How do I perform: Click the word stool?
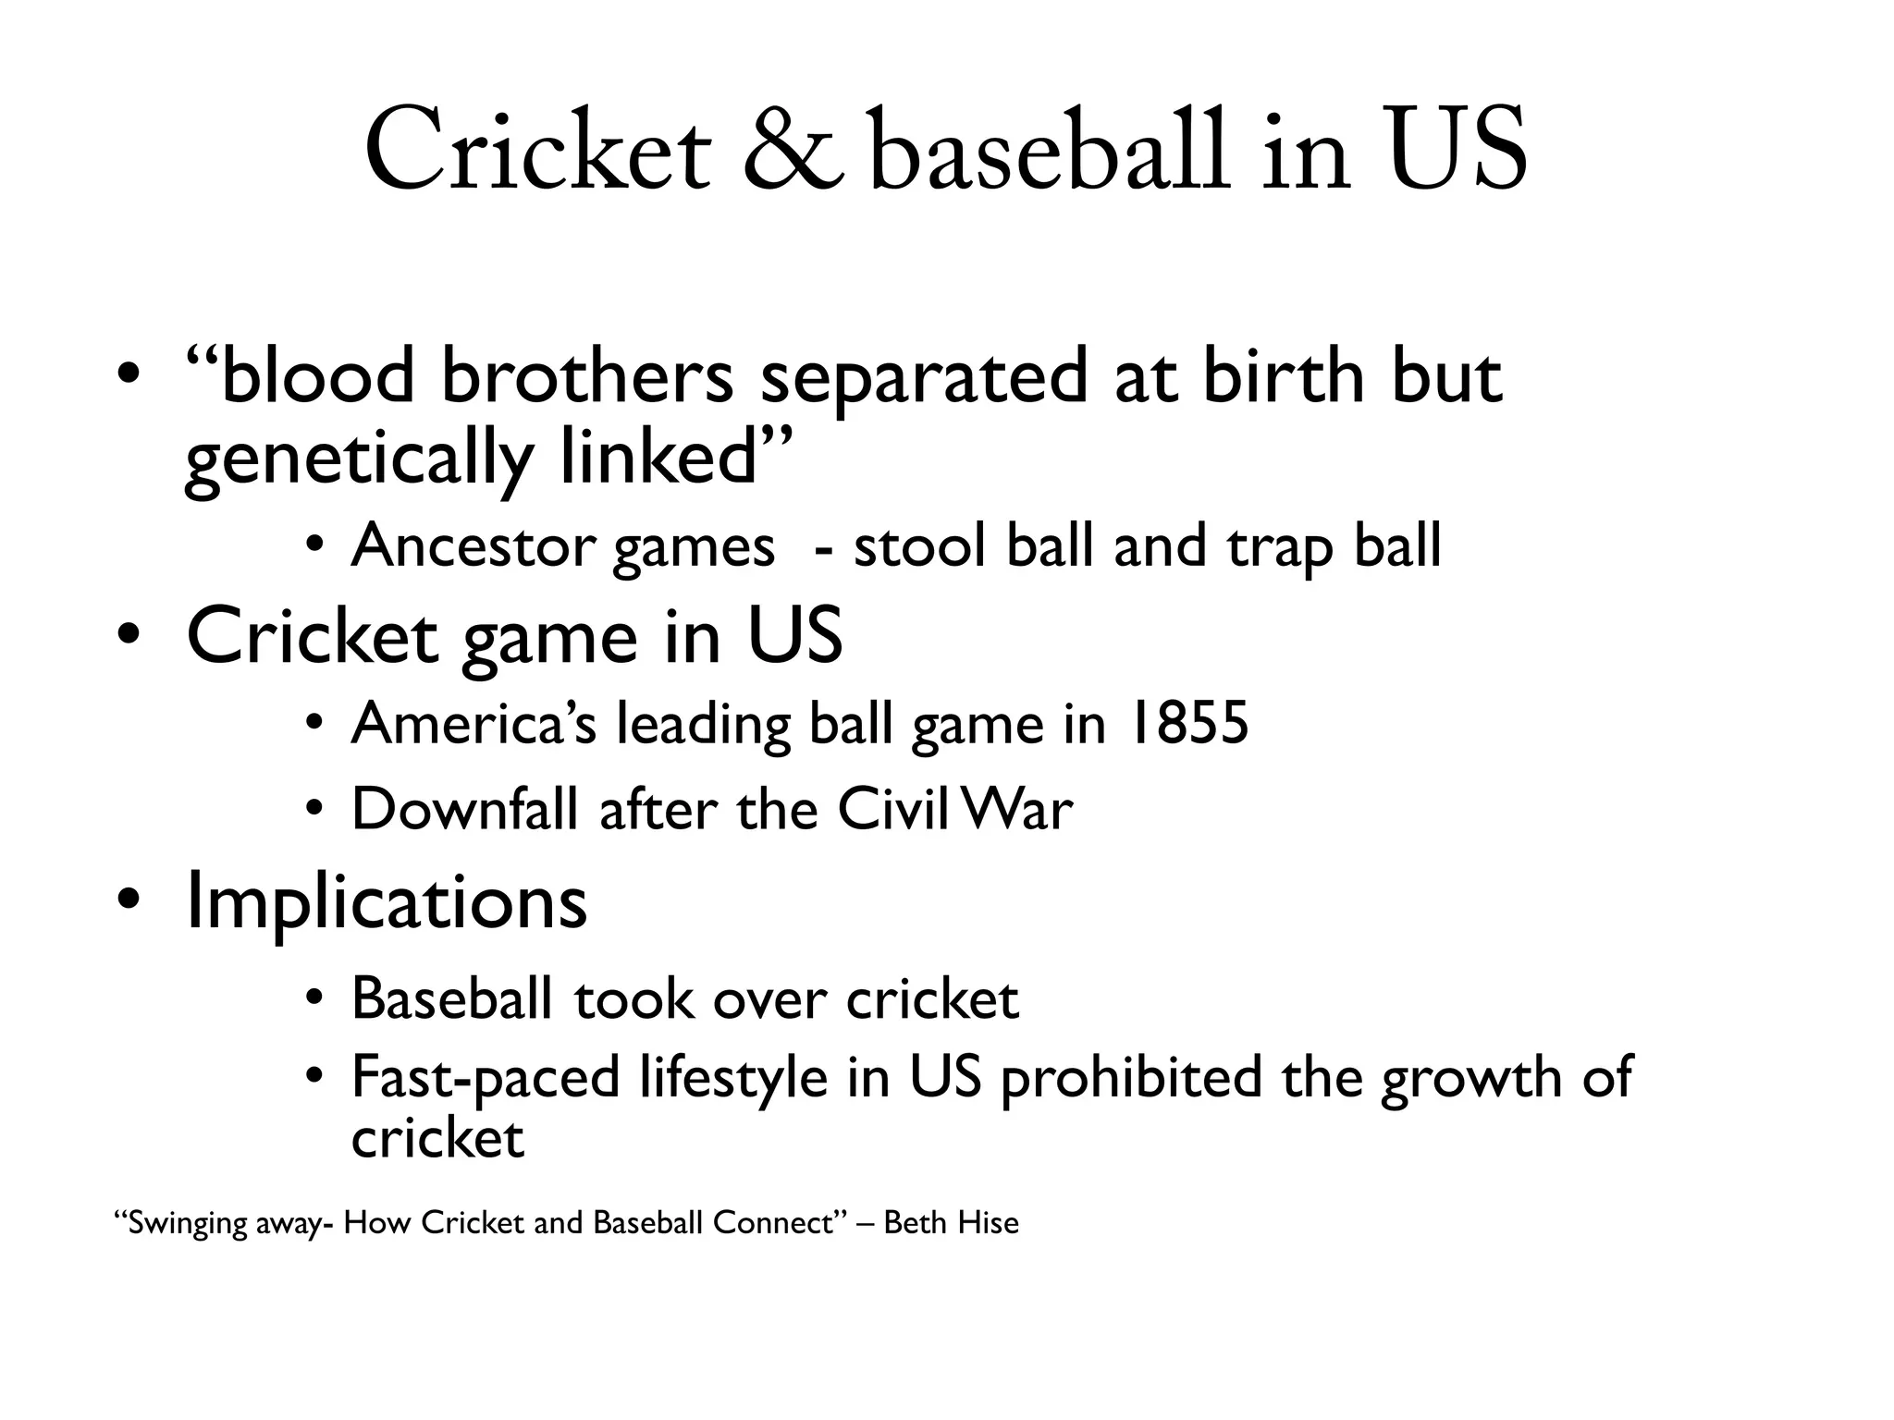(x=918, y=545)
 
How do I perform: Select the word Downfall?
(x=465, y=809)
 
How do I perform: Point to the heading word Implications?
(x=387, y=900)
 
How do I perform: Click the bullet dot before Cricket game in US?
(x=129, y=637)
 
